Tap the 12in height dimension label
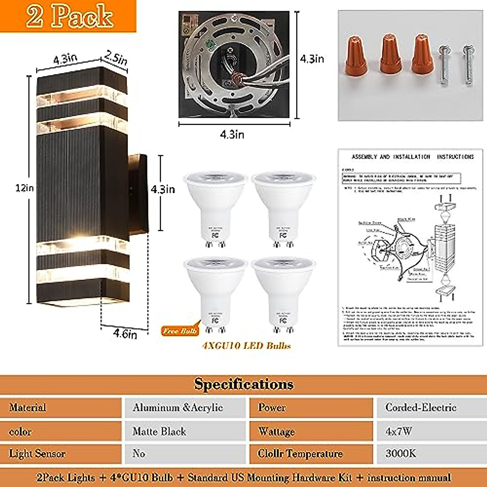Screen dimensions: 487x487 click(x=24, y=188)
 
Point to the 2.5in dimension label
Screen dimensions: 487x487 click(x=116, y=59)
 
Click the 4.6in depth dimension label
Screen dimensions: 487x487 click(x=125, y=334)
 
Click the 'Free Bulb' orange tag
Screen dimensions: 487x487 click(x=180, y=331)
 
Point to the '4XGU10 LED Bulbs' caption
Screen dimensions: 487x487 click(x=246, y=346)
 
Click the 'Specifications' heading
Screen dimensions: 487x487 click(x=243, y=384)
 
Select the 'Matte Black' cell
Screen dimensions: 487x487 click(x=159, y=431)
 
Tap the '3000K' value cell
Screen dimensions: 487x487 click(x=401, y=453)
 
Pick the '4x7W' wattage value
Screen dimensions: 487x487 click(x=399, y=431)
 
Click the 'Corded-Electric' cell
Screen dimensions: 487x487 click(x=421, y=407)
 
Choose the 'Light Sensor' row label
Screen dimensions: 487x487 click(x=37, y=453)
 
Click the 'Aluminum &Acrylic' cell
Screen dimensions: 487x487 click(x=178, y=407)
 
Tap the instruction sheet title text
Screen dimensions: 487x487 click(x=412, y=157)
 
